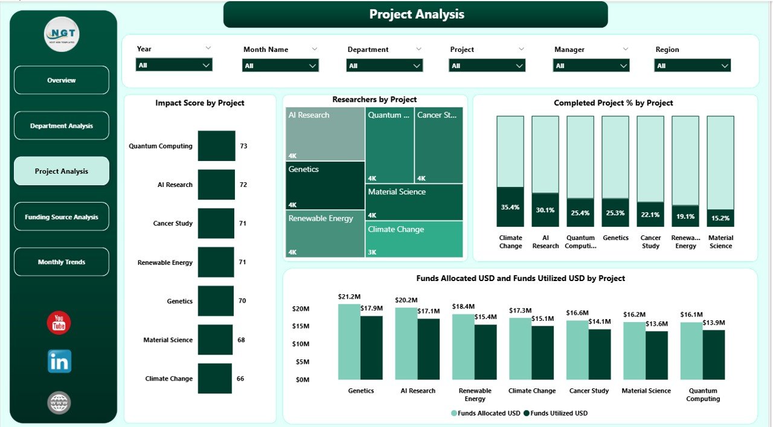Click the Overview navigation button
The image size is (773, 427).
point(62,80)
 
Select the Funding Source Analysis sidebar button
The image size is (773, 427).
point(62,217)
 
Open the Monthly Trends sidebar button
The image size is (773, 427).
point(62,262)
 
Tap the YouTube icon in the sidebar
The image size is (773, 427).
point(59,323)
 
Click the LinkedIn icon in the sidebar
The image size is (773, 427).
point(59,361)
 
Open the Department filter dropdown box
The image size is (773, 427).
point(384,66)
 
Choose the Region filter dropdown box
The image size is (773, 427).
point(692,66)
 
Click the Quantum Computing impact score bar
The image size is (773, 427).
point(216,146)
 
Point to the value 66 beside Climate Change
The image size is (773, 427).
point(240,379)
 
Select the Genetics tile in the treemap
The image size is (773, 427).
point(326,185)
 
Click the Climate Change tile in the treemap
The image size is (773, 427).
point(414,239)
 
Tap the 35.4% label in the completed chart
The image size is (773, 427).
point(510,207)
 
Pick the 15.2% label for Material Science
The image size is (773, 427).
point(720,218)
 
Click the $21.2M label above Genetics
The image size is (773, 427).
point(350,297)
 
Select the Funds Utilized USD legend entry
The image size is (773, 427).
point(556,413)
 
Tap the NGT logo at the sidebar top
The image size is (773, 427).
point(62,34)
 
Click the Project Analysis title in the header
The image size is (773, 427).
point(416,14)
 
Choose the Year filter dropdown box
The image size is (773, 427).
point(174,65)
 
